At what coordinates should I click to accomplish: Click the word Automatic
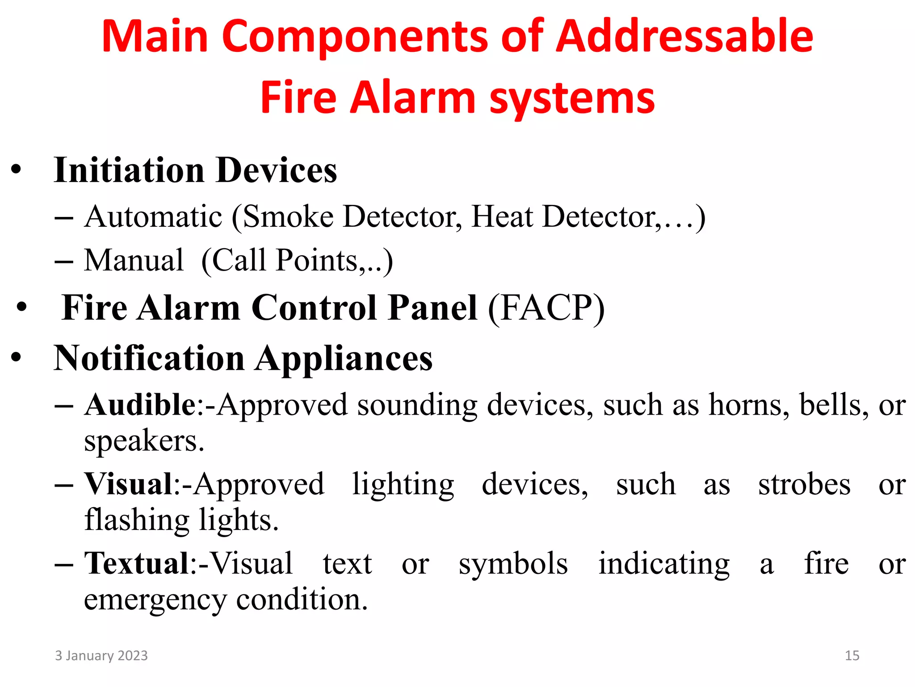click(x=153, y=217)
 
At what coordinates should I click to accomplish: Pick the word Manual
click(x=134, y=260)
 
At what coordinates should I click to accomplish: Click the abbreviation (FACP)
click(x=546, y=308)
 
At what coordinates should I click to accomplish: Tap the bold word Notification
click(x=149, y=359)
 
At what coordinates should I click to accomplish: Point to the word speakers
click(x=144, y=442)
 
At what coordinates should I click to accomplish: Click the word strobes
click(x=804, y=484)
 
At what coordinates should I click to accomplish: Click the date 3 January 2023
click(x=101, y=656)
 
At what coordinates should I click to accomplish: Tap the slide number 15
click(x=852, y=656)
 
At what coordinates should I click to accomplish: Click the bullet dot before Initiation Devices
click(x=17, y=170)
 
